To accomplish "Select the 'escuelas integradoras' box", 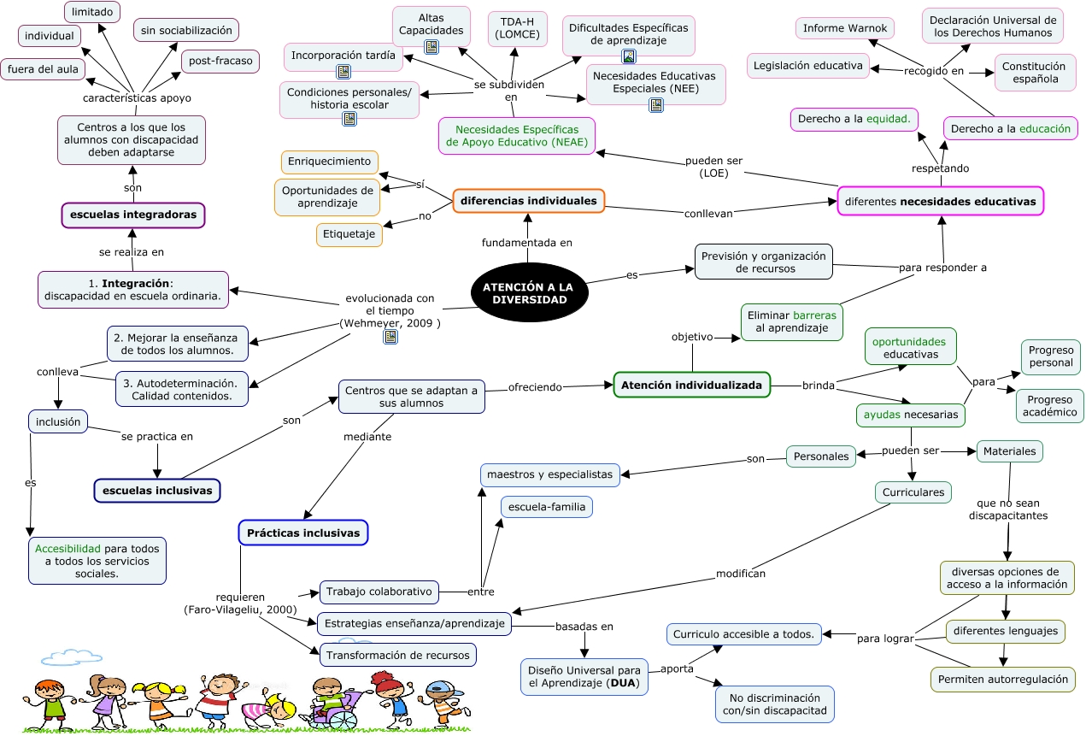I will click(x=133, y=215).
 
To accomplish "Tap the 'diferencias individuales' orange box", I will click(x=528, y=201).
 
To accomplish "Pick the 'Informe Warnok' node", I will click(x=845, y=28).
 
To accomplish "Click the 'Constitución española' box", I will click(x=1034, y=73).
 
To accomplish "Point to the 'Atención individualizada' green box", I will click(x=691, y=386).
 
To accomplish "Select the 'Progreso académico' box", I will click(x=1051, y=406).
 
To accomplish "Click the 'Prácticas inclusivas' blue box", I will click(x=302, y=533).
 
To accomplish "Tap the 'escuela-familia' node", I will click(x=547, y=507).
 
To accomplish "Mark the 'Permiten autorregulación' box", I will click(x=1002, y=680).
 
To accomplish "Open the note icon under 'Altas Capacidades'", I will click(x=431, y=47).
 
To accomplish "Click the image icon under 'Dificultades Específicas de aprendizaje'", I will click(x=629, y=56).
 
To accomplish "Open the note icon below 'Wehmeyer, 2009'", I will click(x=390, y=337).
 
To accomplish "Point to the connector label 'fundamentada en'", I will click(x=526, y=243).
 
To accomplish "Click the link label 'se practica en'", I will click(x=157, y=437).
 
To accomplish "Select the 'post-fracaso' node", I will click(x=220, y=62).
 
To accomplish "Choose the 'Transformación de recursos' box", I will click(x=397, y=656).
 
